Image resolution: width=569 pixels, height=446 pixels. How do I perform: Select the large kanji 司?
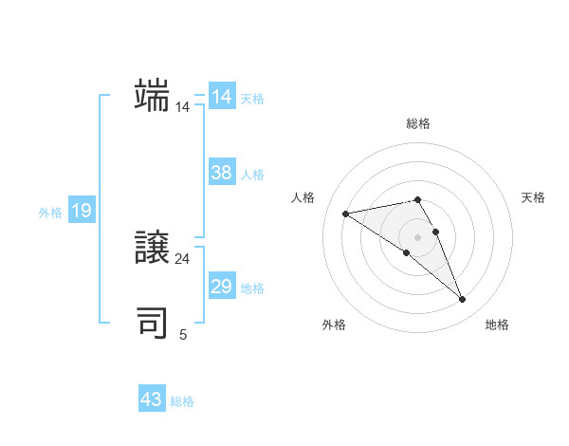(152, 323)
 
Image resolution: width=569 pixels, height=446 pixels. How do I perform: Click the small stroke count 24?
(182, 258)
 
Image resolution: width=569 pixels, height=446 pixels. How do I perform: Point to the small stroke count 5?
(183, 334)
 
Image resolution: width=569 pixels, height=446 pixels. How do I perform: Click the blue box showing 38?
(222, 173)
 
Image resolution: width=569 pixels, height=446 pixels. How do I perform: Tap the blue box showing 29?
(222, 287)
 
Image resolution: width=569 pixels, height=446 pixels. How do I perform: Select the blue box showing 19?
(82, 211)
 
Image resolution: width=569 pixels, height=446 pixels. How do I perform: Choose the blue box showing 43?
(152, 400)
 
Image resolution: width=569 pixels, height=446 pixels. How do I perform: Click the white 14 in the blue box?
(222, 97)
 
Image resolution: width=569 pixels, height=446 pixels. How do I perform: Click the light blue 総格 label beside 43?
(182, 401)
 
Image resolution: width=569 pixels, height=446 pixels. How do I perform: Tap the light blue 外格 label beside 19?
(50, 213)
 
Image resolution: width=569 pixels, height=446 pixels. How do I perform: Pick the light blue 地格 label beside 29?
(252, 288)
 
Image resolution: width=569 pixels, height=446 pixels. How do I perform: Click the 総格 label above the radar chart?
(418, 123)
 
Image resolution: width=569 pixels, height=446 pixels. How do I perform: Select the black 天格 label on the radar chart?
(533, 197)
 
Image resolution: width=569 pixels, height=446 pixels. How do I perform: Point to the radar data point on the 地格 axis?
(463, 300)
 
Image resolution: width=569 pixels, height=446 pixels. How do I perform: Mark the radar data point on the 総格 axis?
(417, 199)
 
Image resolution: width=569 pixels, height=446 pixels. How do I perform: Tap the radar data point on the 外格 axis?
(406, 252)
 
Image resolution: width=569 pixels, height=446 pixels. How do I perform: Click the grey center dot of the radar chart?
(417, 236)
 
